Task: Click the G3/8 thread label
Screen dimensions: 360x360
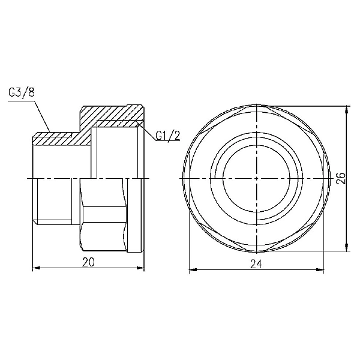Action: tap(22, 94)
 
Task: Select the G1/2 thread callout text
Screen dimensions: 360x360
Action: tap(167, 136)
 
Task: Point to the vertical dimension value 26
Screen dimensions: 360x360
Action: tap(340, 179)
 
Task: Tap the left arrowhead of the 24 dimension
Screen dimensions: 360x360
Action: tap(192, 268)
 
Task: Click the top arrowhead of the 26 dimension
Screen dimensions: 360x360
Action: tap(346, 109)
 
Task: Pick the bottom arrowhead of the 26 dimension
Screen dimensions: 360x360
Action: tap(346, 249)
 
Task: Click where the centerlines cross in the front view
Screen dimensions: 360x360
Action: tap(256, 179)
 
